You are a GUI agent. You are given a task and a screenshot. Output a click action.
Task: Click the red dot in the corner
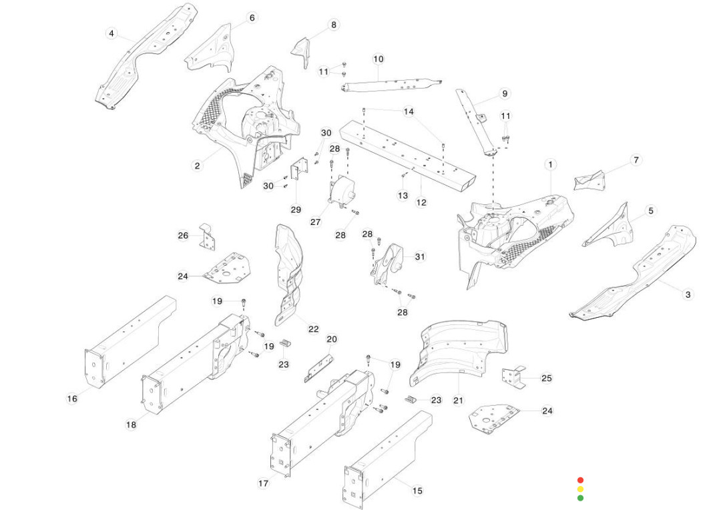[x=580, y=480]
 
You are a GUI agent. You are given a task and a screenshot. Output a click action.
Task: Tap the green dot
[x=580, y=497]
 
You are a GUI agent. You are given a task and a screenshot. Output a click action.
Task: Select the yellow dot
[x=580, y=489]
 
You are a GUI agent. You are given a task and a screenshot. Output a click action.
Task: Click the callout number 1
[x=551, y=164]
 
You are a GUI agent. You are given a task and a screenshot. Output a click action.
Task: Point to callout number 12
[x=421, y=202]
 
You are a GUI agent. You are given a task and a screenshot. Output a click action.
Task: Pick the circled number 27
[x=316, y=222]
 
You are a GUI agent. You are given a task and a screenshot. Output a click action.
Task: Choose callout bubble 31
[x=419, y=256]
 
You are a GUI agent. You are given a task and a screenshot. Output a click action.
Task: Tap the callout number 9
[x=505, y=93]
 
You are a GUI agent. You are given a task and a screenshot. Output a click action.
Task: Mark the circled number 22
[x=313, y=329]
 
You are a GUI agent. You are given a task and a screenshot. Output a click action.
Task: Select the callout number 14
[x=409, y=111]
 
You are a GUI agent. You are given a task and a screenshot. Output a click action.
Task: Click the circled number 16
[x=72, y=399]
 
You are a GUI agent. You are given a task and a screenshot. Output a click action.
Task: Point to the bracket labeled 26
[x=207, y=237]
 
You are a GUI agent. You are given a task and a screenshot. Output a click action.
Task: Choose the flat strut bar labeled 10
[x=391, y=85]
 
